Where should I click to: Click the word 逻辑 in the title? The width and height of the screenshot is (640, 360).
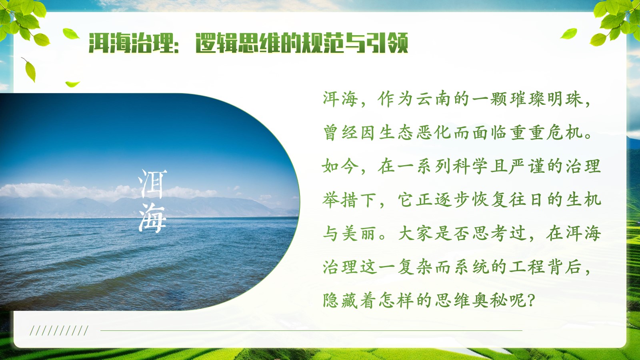[216, 43]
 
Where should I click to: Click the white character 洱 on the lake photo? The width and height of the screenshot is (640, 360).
[152, 184]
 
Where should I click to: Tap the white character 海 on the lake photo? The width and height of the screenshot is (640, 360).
[152, 218]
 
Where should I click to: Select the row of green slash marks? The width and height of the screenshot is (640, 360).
[59, 330]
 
